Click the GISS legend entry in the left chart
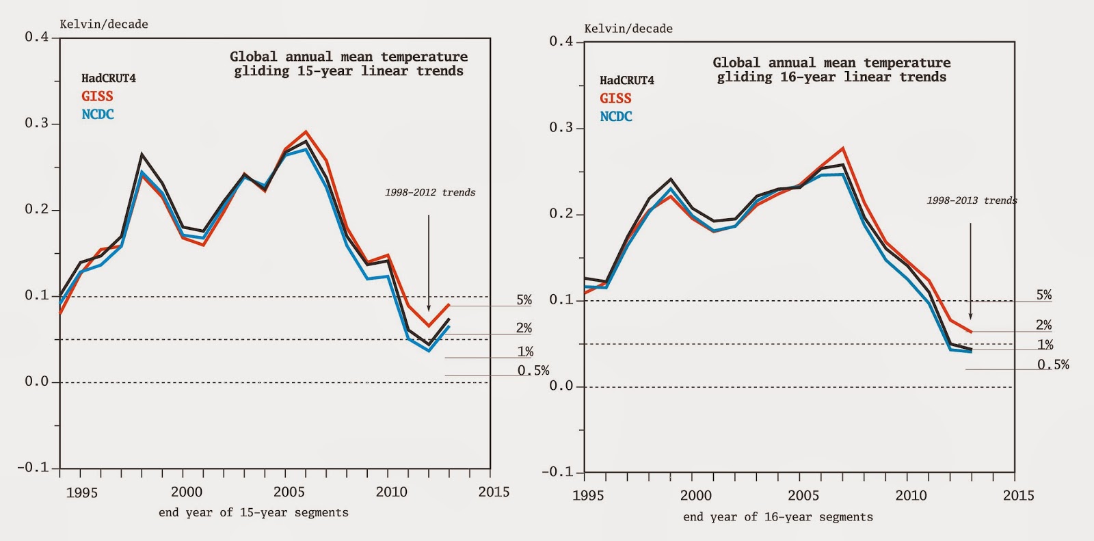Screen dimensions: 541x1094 coord(97,96)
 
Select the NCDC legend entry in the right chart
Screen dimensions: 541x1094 coord(615,117)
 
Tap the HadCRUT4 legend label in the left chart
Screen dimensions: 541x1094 coord(108,78)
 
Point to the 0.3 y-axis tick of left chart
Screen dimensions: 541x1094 coord(37,123)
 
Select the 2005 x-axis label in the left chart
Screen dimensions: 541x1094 coord(289,492)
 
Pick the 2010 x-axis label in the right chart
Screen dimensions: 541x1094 coord(911,496)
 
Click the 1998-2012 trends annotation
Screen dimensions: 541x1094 coord(429,192)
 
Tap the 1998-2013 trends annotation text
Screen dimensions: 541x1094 coord(972,200)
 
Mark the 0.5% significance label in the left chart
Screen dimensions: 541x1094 coord(533,371)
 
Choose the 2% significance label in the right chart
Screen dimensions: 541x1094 coord(1043,325)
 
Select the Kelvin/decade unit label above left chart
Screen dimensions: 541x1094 coord(104,25)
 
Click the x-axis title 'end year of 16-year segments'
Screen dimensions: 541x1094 coord(778,517)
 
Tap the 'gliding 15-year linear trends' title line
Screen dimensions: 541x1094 coord(349,71)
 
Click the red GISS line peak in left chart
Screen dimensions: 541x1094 coord(306,131)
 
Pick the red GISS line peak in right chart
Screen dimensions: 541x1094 coord(843,148)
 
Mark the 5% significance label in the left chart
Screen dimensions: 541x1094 coord(524,300)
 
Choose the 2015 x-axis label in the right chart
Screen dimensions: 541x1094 coord(1018,496)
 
